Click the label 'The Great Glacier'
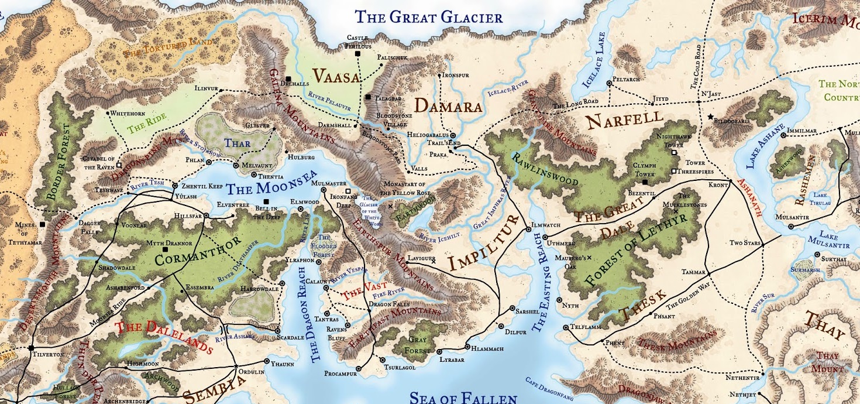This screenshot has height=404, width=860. [430, 17]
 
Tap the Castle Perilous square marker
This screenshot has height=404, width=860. [357, 54]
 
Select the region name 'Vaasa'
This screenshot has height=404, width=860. [336, 76]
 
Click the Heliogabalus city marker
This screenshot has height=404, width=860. [453, 135]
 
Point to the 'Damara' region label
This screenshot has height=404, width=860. [448, 107]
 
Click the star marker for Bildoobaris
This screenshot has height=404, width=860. [710, 117]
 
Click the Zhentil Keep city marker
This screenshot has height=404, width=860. [174, 186]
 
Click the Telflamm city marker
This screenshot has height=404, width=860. [566, 328]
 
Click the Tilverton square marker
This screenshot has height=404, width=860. [31, 348]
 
